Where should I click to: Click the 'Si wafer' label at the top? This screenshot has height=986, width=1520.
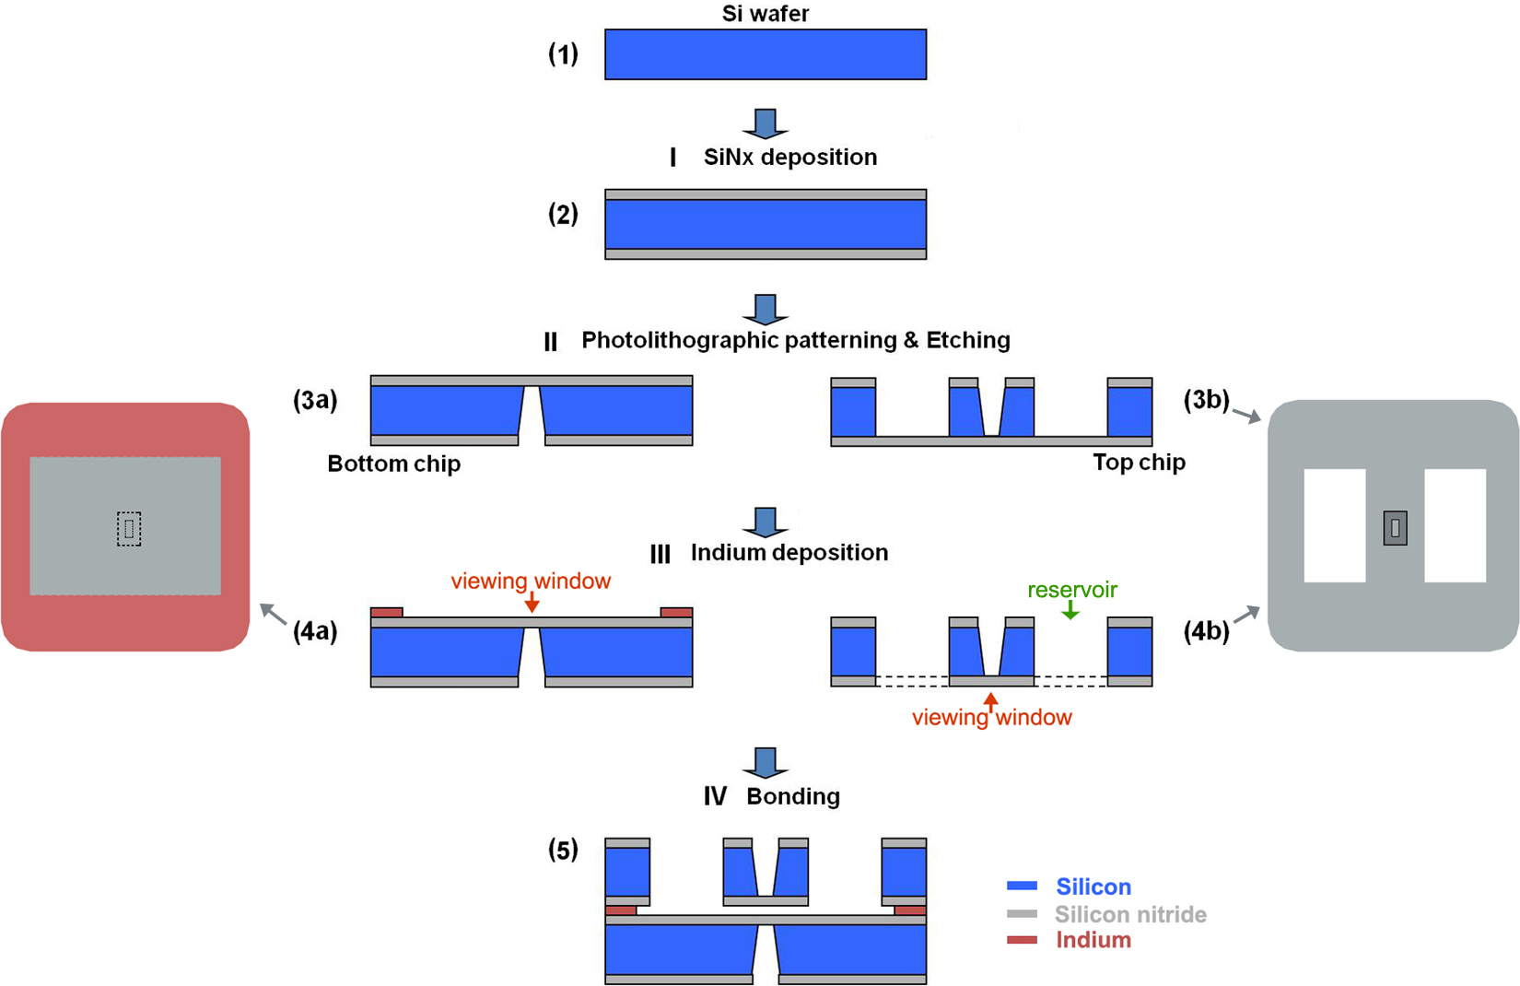[765, 14]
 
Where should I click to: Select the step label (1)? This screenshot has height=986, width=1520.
[563, 54]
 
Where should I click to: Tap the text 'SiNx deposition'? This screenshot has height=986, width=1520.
[789, 157]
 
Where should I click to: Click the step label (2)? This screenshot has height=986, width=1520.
[563, 215]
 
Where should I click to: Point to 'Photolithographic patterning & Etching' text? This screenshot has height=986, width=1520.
[795, 340]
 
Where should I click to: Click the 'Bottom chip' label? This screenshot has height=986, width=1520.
[393, 464]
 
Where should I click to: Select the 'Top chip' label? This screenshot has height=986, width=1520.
[1139, 463]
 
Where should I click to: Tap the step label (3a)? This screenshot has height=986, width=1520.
[315, 401]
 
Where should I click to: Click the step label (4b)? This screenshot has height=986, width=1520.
[1206, 631]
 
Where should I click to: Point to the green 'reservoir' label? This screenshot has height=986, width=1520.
[1072, 590]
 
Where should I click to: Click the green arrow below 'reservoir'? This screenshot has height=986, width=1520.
[1070, 610]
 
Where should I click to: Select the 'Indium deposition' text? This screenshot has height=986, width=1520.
[789, 552]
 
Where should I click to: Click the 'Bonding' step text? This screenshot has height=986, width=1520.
[792, 796]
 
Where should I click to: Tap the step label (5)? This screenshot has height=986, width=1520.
[563, 850]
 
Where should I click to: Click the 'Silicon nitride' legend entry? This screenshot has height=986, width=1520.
[1129, 914]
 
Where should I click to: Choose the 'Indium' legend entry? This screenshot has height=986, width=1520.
[1093, 940]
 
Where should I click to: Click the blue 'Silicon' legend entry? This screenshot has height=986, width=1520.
[1093, 886]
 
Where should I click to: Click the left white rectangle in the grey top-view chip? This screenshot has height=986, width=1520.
[1334, 525]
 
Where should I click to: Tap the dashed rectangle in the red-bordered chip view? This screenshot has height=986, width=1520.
[129, 529]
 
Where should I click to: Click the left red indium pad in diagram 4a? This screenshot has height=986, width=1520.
[387, 613]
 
